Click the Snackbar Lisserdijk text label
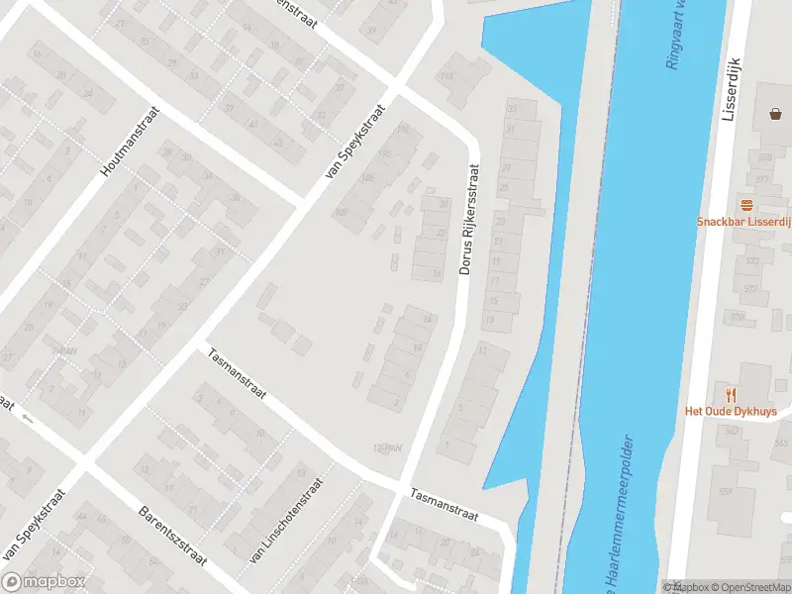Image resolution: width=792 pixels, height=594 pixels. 743,222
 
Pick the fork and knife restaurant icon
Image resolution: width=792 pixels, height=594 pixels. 731,394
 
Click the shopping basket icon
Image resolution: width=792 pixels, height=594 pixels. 773,114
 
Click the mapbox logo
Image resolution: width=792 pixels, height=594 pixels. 45,581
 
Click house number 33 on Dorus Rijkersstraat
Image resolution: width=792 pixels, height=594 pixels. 512,107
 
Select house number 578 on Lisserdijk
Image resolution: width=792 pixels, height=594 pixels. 766,158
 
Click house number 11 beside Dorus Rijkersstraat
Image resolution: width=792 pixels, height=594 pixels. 483,350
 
